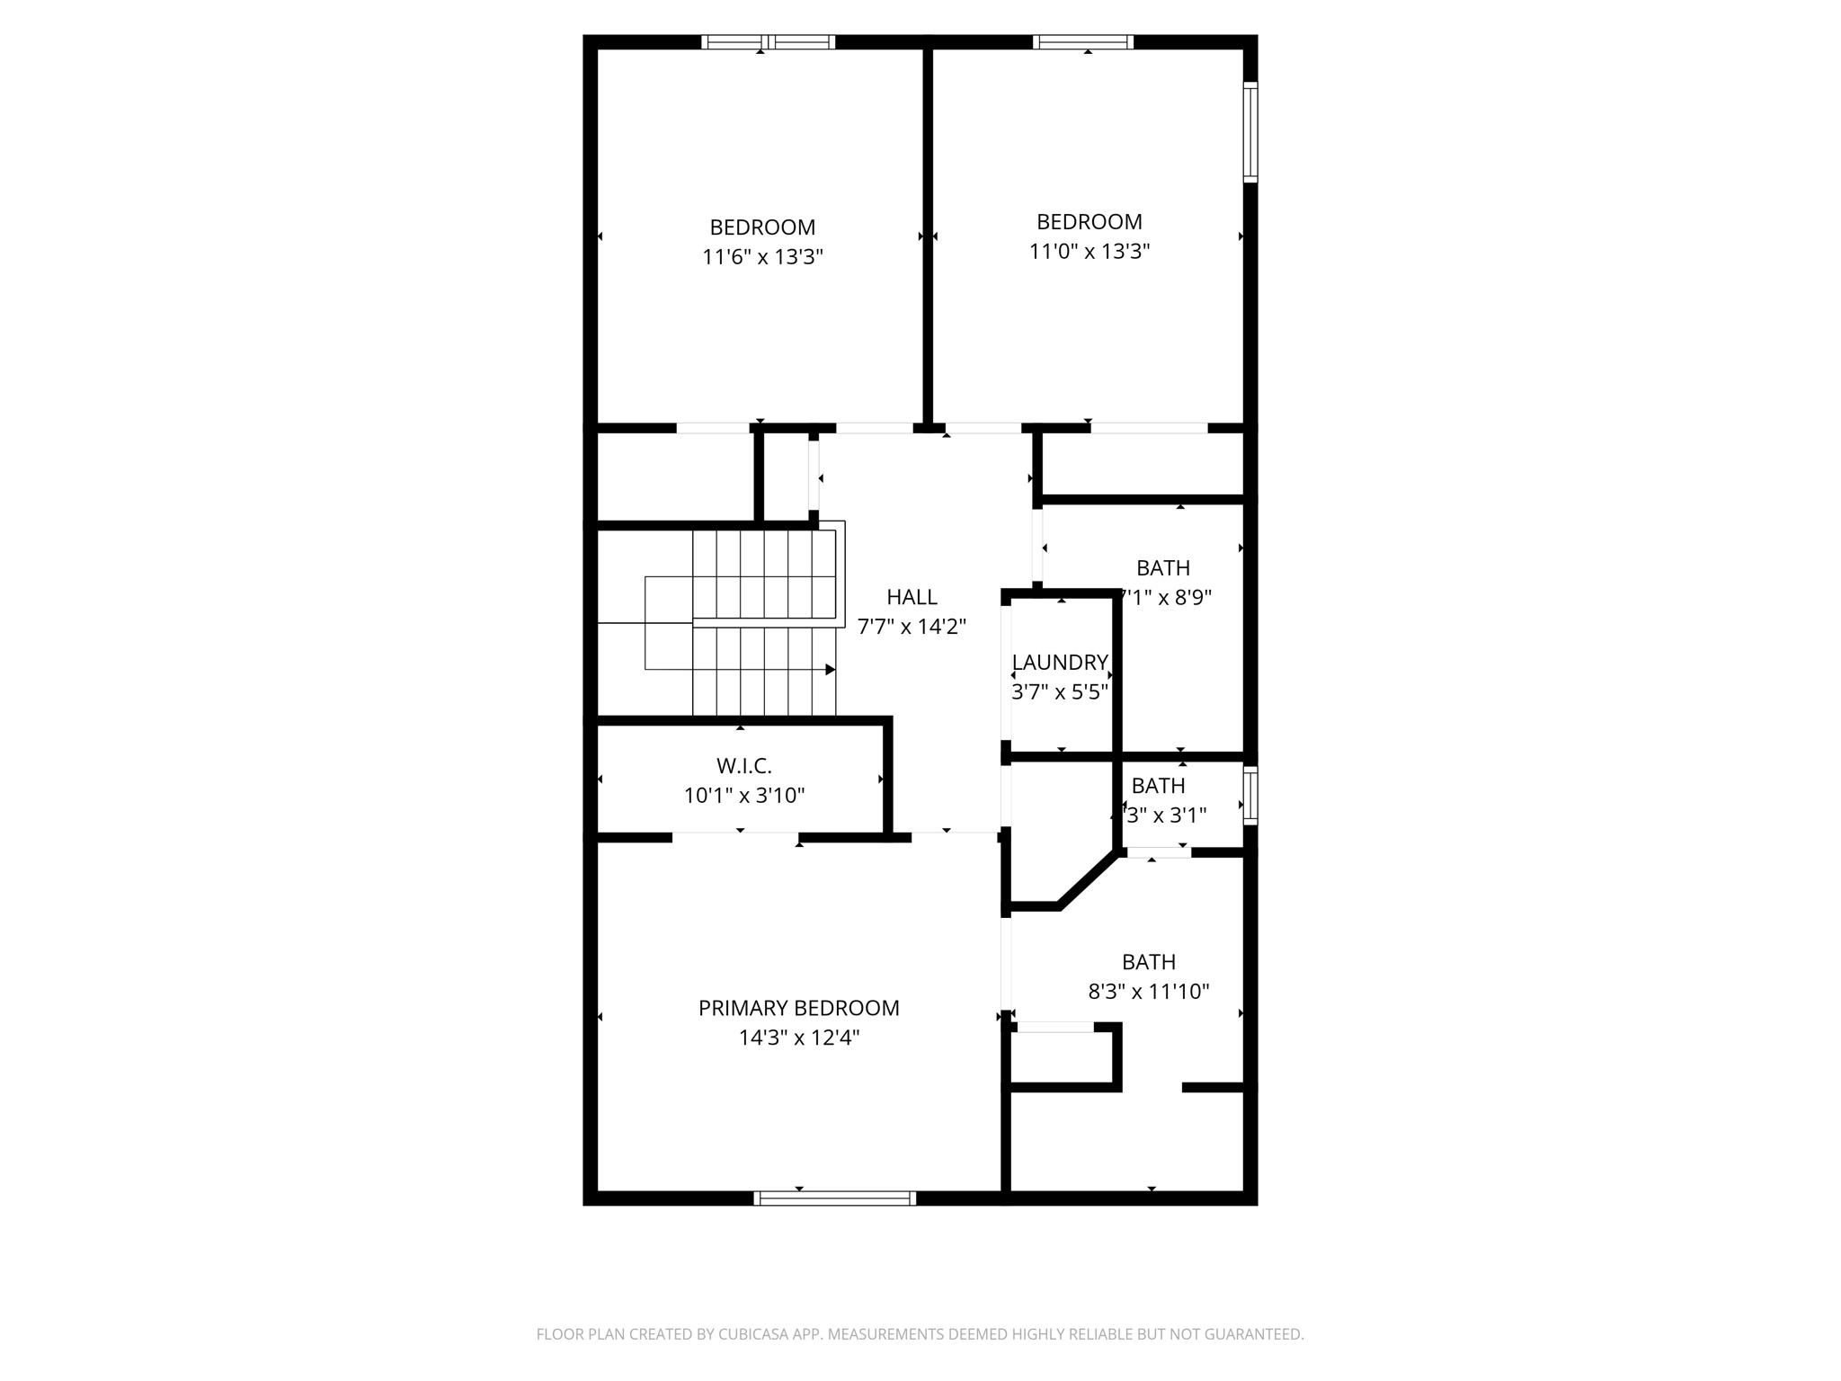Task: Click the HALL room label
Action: [912, 597]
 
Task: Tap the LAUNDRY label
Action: [1060, 663]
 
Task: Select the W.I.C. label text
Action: [743, 766]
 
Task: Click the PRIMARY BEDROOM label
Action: [798, 1008]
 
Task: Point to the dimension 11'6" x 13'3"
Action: [762, 257]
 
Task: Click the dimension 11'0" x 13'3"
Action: [1089, 252]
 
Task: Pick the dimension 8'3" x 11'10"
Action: [1149, 992]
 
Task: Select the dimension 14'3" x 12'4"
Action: [798, 1038]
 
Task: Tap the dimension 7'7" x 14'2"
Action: [912, 627]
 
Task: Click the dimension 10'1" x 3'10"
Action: [743, 796]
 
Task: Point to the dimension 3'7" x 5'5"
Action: [1060, 692]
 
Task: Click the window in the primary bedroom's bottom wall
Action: [834, 1198]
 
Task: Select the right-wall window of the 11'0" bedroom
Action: [1250, 132]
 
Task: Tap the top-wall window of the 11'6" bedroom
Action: [768, 41]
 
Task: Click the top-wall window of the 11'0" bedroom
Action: [1082, 41]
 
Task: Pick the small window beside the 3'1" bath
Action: [1250, 795]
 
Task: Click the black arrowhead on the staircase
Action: [831, 670]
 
